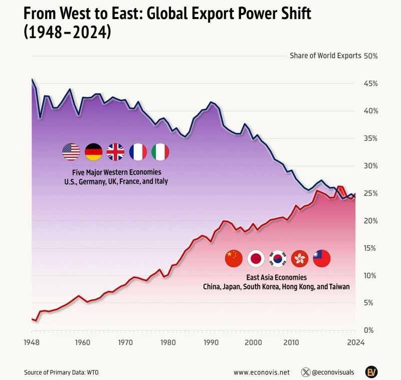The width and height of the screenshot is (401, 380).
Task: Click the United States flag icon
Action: click(71, 151)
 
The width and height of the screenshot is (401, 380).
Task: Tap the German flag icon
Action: click(94, 151)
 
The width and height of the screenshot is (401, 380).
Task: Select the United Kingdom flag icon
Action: click(116, 151)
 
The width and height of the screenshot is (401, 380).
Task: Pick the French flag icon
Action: click(138, 151)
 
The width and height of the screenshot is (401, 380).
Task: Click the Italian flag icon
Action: click(160, 151)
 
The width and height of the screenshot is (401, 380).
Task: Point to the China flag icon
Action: click(234, 258)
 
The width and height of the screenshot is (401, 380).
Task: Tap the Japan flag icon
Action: click(256, 258)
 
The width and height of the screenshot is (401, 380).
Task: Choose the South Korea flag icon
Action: click(278, 258)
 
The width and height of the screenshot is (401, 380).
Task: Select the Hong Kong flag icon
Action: click(300, 258)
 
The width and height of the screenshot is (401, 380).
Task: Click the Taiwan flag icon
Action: click(322, 258)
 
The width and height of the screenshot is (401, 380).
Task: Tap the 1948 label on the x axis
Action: click(32, 342)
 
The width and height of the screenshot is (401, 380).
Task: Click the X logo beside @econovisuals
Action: click(305, 372)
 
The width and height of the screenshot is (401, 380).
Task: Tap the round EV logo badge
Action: click(371, 372)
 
